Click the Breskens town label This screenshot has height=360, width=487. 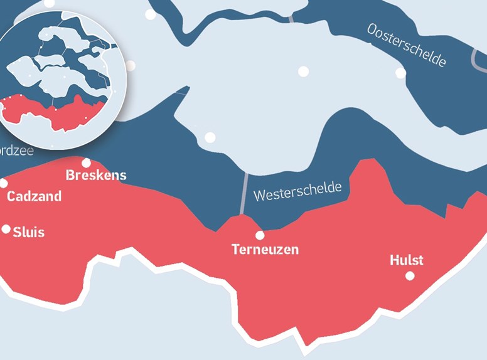click(x=96, y=176)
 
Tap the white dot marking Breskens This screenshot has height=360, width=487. click(x=87, y=163)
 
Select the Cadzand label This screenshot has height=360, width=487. click(x=35, y=196)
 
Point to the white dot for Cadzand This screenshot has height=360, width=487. click(x=3, y=183)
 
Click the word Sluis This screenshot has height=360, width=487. click(x=29, y=232)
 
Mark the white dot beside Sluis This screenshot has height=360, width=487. click(x=6, y=229)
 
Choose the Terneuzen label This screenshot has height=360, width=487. click(x=265, y=250)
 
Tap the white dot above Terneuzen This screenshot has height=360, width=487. click(x=260, y=235)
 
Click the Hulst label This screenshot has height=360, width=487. click(x=407, y=260)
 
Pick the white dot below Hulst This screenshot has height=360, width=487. click(x=410, y=275)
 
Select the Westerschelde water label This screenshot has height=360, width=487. click(x=297, y=191)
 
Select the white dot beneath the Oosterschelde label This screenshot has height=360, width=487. click(x=400, y=73)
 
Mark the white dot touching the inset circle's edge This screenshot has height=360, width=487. click(x=130, y=65)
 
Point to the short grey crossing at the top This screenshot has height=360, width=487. click(x=291, y=18)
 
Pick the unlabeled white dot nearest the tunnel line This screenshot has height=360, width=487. click(x=210, y=137)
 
